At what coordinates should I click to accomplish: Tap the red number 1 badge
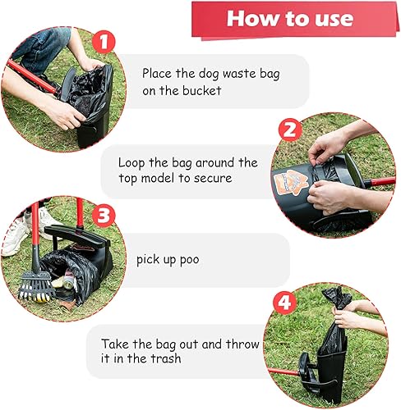(103, 42)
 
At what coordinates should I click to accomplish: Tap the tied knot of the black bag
(338, 295)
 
